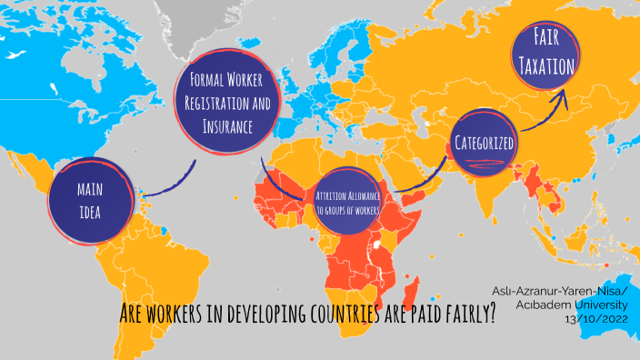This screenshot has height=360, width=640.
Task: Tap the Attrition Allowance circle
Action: [x=347, y=202]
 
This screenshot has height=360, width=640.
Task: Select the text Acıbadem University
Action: [x=583, y=305]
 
